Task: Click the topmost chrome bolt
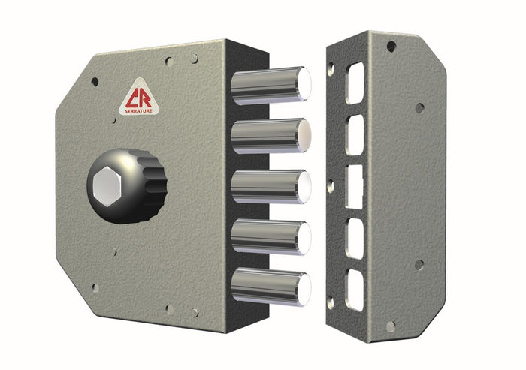pyautogui.click(x=267, y=84)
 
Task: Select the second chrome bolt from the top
pyautogui.click(x=267, y=135)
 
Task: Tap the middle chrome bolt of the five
pyautogui.click(x=267, y=187)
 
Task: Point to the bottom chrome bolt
pyautogui.click(x=267, y=287)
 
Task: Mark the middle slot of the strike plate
pyautogui.click(x=353, y=186)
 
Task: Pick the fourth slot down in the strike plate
pyautogui.click(x=354, y=237)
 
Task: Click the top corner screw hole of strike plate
pyautogui.click(x=391, y=47)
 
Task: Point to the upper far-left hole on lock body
pyautogui.click(x=95, y=81)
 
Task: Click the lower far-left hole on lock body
pyautogui.click(x=95, y=287)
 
